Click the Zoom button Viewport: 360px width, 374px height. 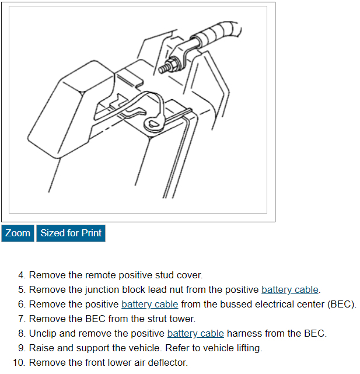click(18, 233)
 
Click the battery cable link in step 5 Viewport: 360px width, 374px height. click(290, 290)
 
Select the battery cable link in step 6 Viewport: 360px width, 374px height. click(150, 305)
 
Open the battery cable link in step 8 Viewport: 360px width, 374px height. click(195, 334)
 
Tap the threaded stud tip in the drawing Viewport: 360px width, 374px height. click(160, 70)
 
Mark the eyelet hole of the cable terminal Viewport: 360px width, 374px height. click(152, 123)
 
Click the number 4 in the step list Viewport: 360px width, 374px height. click(22, 275)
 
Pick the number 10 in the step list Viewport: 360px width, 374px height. click(19, 363)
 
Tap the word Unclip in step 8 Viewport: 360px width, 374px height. click(43, 334)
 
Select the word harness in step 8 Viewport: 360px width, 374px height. click(244, 334)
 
